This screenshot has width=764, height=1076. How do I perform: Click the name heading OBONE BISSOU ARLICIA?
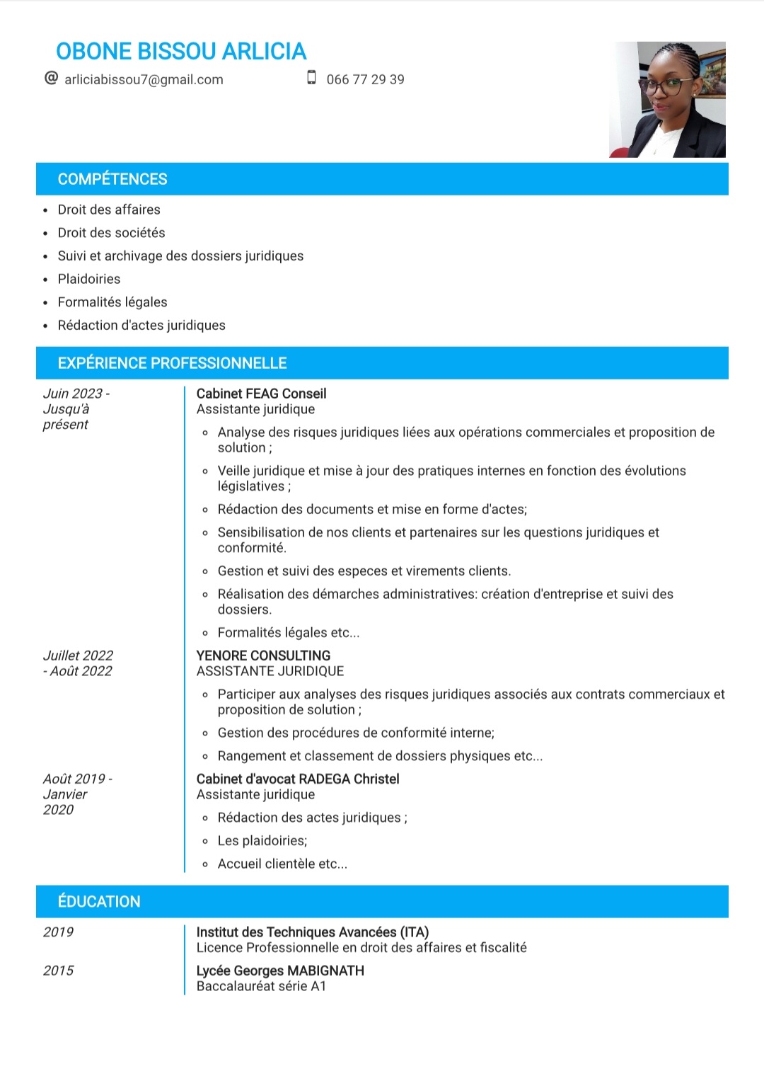[x=181, y=52]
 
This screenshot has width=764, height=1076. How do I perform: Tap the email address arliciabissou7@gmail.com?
[x=144, y=79]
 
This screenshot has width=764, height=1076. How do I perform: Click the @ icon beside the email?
[x=51, y=78]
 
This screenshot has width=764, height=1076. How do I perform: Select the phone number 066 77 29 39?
[x=365, y=79]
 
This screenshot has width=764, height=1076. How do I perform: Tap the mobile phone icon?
[x=311, y=78]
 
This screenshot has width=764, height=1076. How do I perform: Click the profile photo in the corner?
[x=667, y=99]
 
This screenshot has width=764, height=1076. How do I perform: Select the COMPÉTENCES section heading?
[x=112, y=179]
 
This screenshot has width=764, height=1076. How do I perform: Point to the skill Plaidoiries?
[x=89, y=279]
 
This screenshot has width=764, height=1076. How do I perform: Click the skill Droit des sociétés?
[x=111, y=233]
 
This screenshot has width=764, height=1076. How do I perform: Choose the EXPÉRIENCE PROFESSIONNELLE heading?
[x=172, y=363]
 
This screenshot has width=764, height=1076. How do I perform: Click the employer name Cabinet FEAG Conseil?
[x=261, y=394]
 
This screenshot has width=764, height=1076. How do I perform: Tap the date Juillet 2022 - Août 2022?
[x=78, y=663]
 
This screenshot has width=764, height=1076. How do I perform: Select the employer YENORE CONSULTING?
[x=263, y=656]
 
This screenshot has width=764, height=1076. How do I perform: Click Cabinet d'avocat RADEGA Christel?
[x=298, y=779]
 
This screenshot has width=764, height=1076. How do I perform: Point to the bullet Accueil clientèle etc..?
[x=282, y=864]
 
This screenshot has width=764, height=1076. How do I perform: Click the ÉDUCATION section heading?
[x=99, y=901]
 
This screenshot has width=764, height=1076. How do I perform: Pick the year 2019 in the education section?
[x=58, y=932]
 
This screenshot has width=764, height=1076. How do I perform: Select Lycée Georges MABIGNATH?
[x=280, y=971]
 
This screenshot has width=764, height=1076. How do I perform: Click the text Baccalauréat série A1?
[x=261, y=986]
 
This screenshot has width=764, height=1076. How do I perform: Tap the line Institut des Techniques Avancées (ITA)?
[x=313, y=932]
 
